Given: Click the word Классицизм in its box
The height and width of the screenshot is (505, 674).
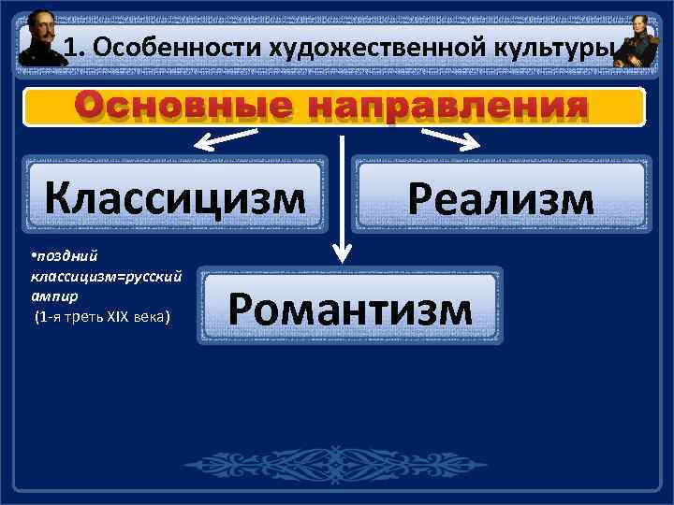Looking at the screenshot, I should click(176, 197).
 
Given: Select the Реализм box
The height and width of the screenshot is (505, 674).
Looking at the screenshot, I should click(500, 197).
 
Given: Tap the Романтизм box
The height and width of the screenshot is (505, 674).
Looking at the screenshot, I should click(350, 306).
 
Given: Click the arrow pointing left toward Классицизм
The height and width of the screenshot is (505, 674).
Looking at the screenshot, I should click(225, 141).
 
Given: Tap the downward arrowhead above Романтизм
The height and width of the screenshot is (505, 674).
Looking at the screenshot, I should click(344, 251).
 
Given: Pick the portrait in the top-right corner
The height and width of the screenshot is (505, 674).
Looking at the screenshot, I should click(637, 43).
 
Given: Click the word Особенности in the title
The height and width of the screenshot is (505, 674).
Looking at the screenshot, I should click(156, 47).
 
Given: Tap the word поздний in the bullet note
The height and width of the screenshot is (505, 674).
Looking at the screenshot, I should click(58, 255).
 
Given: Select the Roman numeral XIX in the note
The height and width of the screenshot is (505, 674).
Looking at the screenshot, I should click(119, 317).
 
